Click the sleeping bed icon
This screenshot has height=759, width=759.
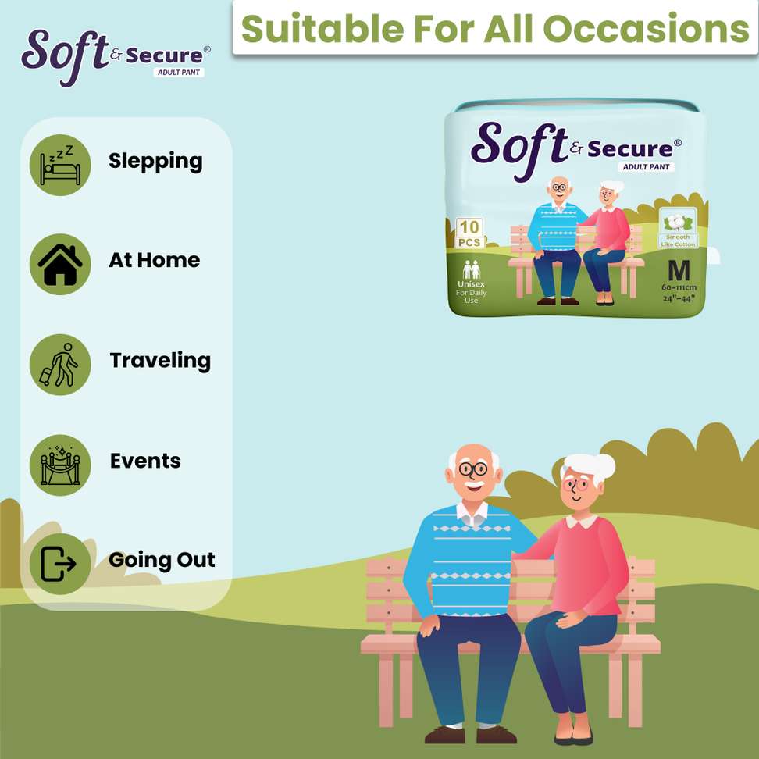click(60, 165)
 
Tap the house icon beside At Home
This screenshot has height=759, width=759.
click(60, 264)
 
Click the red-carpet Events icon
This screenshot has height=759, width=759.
click(60, 465)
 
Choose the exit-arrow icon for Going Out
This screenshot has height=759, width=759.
click(58, 564)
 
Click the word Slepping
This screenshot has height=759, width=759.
click(155, 162)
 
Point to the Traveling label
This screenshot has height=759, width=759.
click(160, 361)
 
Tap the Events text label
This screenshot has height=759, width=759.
click(145, 461)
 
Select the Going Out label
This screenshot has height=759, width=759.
click(162, 561)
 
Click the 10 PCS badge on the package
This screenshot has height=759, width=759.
click(469, 233)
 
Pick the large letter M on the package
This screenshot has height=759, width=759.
click(679, 271)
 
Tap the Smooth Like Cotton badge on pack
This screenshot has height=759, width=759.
click(678, 227)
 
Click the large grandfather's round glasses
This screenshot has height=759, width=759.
click(473, 469)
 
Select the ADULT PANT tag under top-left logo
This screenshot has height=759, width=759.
click(179, 72)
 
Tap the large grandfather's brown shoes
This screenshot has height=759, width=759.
click(471, 735)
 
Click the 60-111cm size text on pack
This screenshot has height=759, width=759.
click(679, 287)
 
